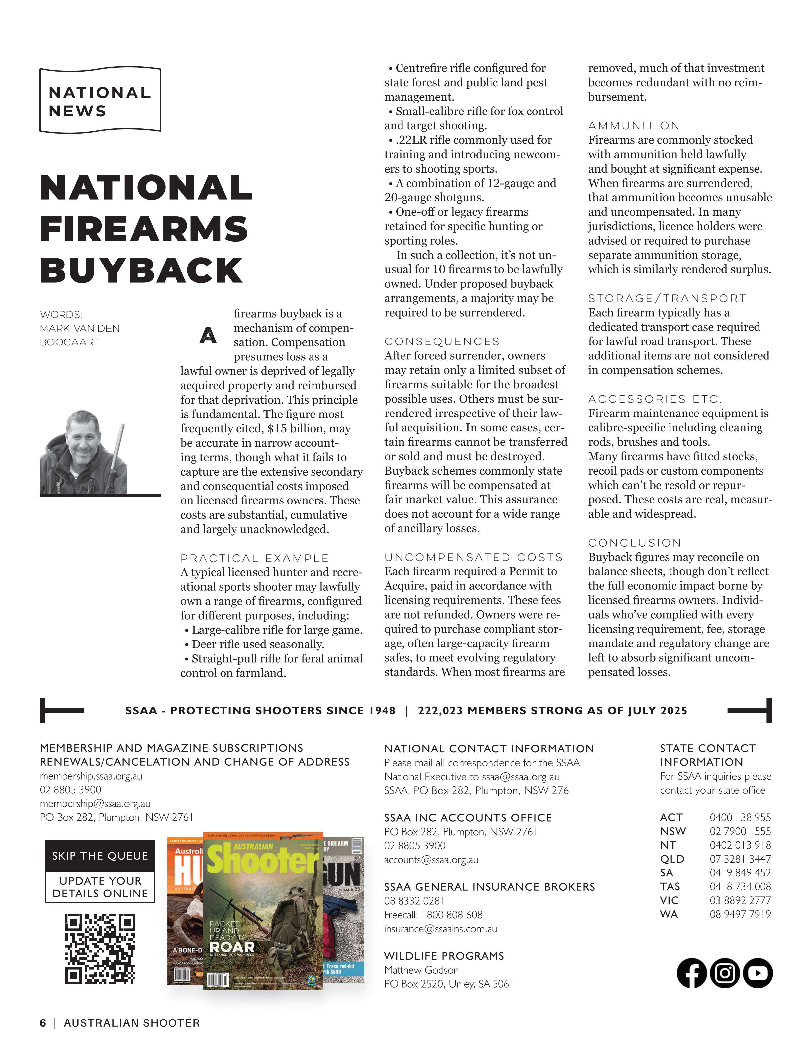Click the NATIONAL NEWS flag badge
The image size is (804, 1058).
[x=100, y=101]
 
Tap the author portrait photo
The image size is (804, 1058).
[x=84, y=452]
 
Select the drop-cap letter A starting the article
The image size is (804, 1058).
[x=208, y=335]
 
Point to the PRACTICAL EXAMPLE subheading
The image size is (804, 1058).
[x=255, y=558]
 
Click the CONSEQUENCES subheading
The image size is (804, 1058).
[x=442, y=341]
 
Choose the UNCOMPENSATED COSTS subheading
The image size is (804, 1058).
[x=473, y=557]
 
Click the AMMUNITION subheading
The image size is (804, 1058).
[x=634, y=126]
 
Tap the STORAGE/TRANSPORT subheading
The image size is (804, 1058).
[x=667, y=298]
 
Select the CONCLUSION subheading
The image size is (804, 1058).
[x=635, y=543]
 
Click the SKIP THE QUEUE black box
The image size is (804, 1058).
[x=100, y=856]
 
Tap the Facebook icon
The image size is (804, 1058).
[x=691, y=973]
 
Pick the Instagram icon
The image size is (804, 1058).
[x=725, y=973]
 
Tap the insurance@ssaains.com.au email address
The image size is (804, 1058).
[x=440, y=929]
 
